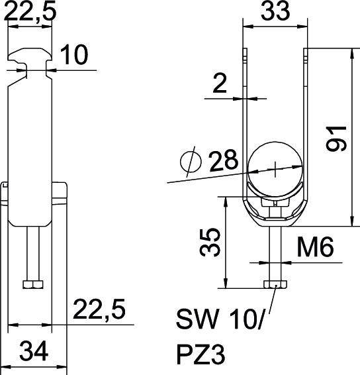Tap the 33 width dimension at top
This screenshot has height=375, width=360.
coord(275,13)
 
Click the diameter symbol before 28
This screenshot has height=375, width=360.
coord(191,162)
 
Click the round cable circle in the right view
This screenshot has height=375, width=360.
coord(275,169)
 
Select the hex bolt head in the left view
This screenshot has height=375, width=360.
coord(31,285)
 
